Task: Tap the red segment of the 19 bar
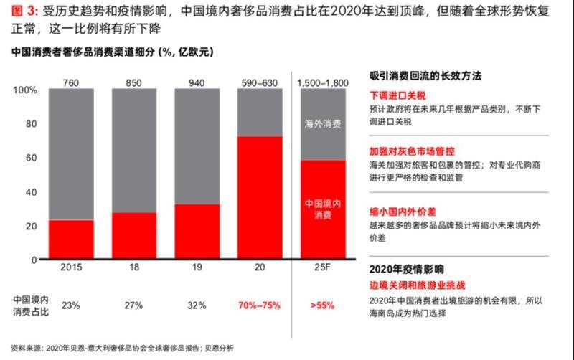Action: (197, 231)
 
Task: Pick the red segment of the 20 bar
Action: (260, 197)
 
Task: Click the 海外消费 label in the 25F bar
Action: (323, 123)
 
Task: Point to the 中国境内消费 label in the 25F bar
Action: (323, 209)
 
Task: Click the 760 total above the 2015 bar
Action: (71, 82)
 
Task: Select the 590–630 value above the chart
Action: (260, 82)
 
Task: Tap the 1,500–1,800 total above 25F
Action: (323, 82)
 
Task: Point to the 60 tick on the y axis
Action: (31, 158)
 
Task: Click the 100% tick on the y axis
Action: (25, 90)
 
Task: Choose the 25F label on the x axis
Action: (323, 267)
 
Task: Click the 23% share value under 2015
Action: (71, 305)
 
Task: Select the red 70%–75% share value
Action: (260, 305)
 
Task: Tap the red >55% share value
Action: (323, 305)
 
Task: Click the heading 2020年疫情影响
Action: (406, 270)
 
